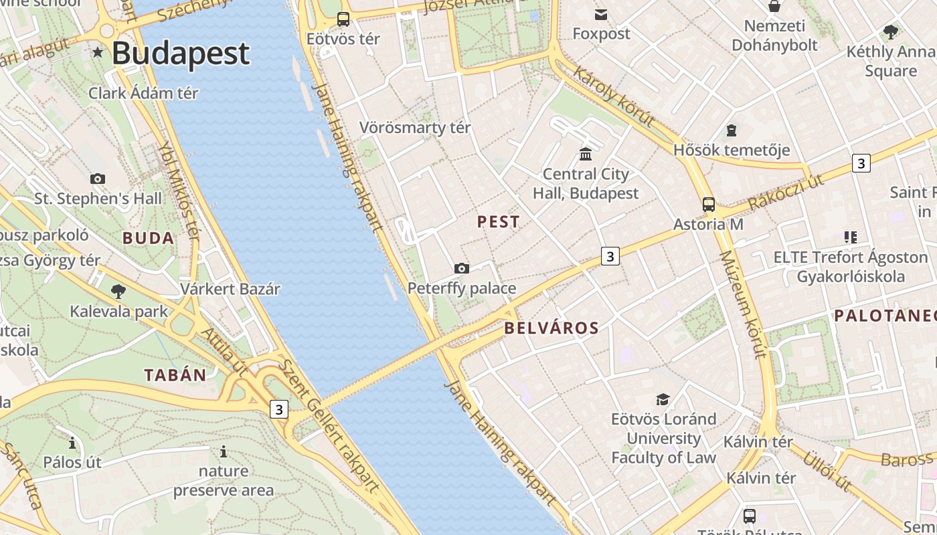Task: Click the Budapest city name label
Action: tap(181, 53)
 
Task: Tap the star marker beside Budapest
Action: tap(98, 52)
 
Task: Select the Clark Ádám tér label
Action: tap(143, 93)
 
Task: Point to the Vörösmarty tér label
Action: tap(415, 127)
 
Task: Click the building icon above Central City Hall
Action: tap(586, 154)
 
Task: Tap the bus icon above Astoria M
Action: tap(708, 205)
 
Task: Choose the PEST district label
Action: tap(498, 222)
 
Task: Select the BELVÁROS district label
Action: tap(551, 328)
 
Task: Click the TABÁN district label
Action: tap(175, 374)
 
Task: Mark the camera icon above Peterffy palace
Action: tap(461, 268)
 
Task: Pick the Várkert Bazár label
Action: tap(230, 289)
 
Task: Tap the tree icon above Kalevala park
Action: tap(118, 291)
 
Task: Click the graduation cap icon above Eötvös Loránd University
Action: tap(663, 399)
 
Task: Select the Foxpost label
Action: tap(601, 33)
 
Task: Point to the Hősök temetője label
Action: tap(732, 150)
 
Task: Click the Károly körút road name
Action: tap(613, 97)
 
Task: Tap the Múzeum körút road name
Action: tap(742, 304)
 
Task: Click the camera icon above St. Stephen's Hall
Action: tap(98, 179)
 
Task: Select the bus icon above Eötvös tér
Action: tap(343, 19)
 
